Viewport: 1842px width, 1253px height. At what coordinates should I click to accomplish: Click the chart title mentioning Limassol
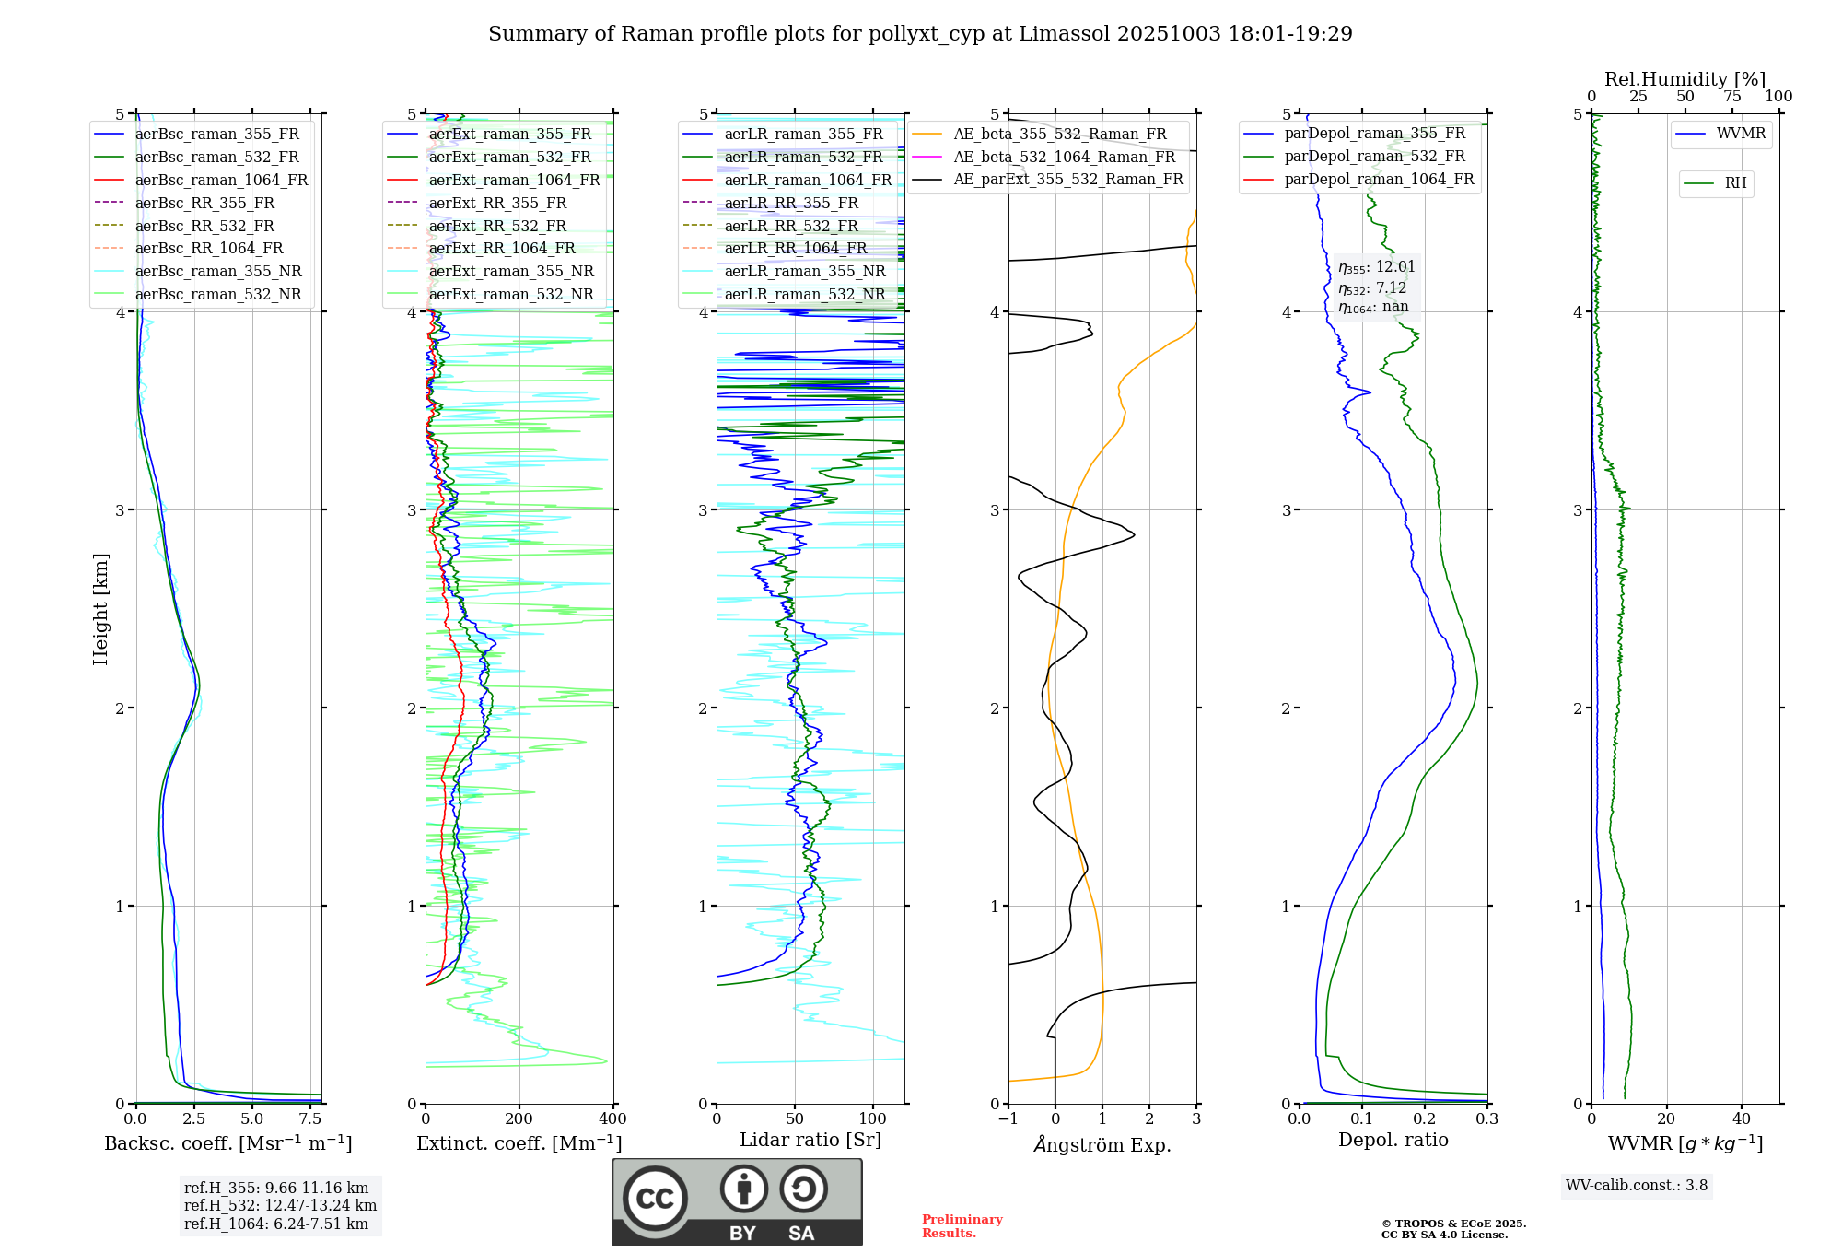(x=920, y=34)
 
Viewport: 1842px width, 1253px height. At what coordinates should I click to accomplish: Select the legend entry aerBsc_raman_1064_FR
(x=221, y=180)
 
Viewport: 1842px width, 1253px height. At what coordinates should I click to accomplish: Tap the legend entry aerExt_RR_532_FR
(x=497, y=226)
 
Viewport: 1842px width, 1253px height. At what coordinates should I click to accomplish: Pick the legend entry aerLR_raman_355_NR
(x=804, y=271)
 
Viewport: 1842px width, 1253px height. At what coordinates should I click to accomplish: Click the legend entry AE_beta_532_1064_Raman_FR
(x=1064, y=157)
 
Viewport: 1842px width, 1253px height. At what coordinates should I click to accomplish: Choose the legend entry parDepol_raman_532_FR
(x=1374, y=157)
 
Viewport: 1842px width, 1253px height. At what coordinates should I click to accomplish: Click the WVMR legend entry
(x=1740, y=134)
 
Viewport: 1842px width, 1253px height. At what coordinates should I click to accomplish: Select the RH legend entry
(x=1735, y=183)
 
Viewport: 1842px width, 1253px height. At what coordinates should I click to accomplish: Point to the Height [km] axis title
(x=100, y=609)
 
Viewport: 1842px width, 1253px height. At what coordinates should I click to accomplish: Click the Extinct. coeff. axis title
(x=519, y=1143)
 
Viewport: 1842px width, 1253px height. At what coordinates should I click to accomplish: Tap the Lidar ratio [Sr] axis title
(x=810, y=1140)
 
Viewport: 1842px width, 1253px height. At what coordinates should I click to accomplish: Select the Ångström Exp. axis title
(x=1102, y=1144)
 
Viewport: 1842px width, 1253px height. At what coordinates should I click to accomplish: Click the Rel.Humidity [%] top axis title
(x=1685, y=79)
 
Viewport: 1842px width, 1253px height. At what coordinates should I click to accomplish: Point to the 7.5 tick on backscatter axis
(x=310, y=1119)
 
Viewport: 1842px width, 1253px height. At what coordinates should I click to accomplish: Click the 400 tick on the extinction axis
(x=612, y=1119)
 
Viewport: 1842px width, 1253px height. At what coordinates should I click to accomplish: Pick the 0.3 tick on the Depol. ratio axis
(x=1486, y=1119)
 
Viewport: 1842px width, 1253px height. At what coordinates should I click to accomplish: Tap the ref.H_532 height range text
(x=280, y=1205)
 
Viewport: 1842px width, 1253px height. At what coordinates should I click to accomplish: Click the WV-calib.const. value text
(x=1637, y=1186)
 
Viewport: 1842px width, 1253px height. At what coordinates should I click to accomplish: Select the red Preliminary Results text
(x=962, y=1225)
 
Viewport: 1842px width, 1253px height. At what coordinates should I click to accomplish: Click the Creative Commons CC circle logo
(x=655, y=1198)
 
